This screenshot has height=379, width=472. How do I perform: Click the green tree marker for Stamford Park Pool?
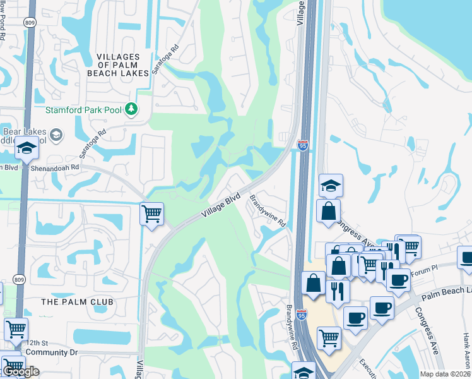pyautogui.click(x=131, y=110)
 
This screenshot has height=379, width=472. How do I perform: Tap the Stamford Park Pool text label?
pyautogui.click(x=83, y=110)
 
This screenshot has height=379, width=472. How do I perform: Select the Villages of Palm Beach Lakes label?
pyautogui.click(x=123, y=65)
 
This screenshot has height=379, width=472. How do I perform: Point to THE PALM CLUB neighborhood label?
pyautogui.click(x=77, y=302)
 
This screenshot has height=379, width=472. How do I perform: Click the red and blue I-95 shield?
pyautogui.click(x=303, y=145)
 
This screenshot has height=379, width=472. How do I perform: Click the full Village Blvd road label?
pyautogui.click(x=221, y=206)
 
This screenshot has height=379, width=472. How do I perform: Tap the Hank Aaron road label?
pyautogui.click(x=466, y=351)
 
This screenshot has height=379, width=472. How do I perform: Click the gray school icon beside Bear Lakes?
pyautogui.click(x=56, y=135)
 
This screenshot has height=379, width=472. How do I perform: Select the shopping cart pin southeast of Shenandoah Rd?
pyautogui.click(x=152, y=215)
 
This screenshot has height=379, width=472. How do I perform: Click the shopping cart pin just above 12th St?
pyautogui.click(x=16, y=329)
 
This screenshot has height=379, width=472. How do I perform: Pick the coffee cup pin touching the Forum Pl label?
pyautogui.click(x=398, y=280)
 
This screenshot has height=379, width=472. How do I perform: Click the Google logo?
pyautogui.click(x=21, y=371)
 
